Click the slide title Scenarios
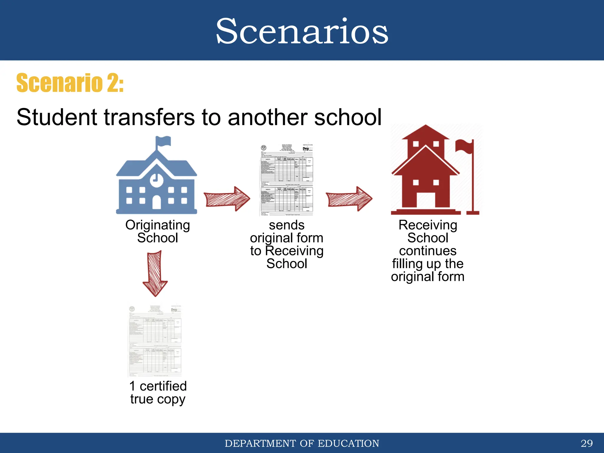click(302, 31)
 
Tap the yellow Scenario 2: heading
click(70, 83)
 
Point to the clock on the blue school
click(156, 179)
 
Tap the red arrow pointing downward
click(155, 273)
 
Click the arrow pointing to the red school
click(349, 198)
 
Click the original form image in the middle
click(287, 180)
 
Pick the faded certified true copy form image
click(155, 341)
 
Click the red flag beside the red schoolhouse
click(464, 147)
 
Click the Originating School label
click(157, 231)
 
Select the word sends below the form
click(286, 225)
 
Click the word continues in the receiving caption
click(428, 251)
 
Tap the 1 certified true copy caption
click(158, 392)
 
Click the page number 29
click(586, 443)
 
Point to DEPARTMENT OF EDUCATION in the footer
click(302, 443)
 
